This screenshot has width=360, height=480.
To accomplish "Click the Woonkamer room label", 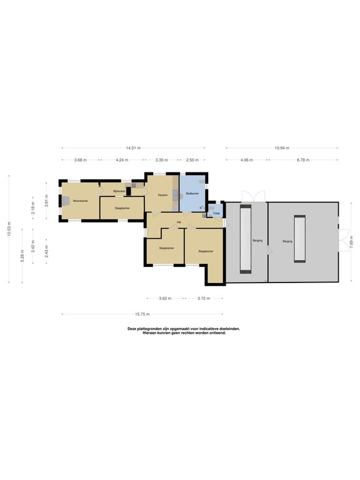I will coord(79,201).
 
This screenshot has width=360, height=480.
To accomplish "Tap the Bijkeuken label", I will coord(119,191).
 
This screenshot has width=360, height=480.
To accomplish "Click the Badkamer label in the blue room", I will coord(192,194).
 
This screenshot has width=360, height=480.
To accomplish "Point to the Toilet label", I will coord(216,213).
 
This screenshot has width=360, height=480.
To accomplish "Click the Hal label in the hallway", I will coord(179,222).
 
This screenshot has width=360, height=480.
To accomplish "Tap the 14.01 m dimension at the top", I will coord(133,148).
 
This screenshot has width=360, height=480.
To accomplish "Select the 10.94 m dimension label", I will coord(281,148).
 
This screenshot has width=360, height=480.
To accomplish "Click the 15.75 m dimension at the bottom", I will coord(142,314).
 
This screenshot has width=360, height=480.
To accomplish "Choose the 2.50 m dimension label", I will coord(192,160).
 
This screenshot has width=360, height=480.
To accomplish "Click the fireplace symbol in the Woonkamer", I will coord(64,201).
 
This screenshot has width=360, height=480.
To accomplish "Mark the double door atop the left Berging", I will coord(247,194).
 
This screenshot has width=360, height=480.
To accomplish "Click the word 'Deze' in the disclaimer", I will coord(132,329).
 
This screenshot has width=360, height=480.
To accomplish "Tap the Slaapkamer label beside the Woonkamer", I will coord(122,207).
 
